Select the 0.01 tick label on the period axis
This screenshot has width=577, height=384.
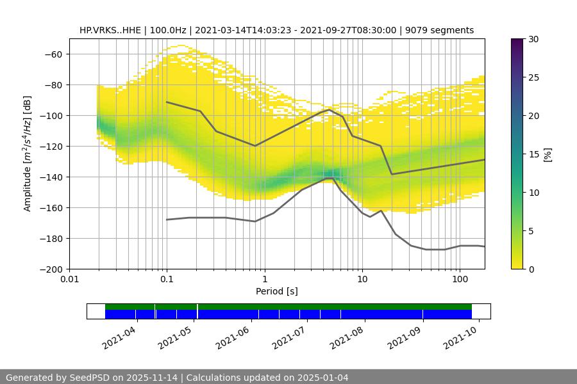click(69, 280)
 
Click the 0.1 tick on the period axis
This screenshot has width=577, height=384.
click(167, 280)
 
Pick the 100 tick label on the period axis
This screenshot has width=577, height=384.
click(460, 280)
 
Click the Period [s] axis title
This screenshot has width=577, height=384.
click(277, 291)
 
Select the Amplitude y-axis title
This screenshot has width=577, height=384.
click(28, 154)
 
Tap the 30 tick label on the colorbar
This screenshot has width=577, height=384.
click(533, 39)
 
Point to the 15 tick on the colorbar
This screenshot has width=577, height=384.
click(533, 154)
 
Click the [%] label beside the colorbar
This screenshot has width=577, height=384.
click(547, 154)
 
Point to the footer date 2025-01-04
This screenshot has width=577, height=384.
click(322, 378)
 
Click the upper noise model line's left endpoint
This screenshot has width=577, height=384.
click(167, 102)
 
